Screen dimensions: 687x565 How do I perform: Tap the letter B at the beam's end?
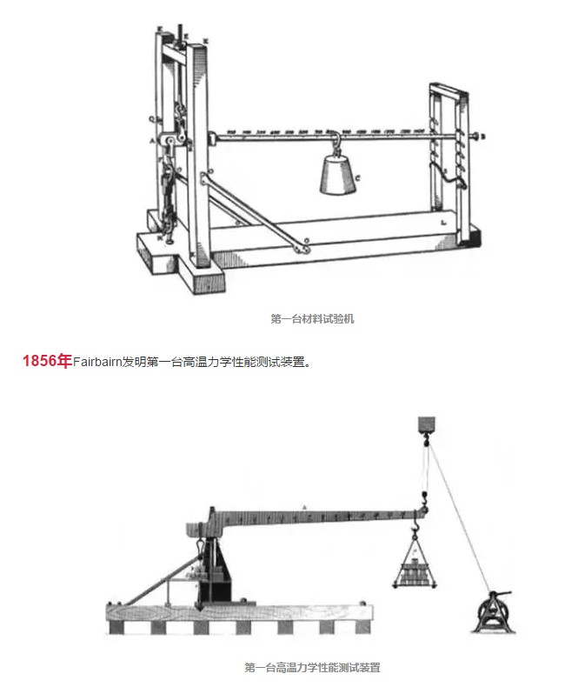(x=483, y=137)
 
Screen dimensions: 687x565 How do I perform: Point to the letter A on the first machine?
(x=151, y=139)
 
